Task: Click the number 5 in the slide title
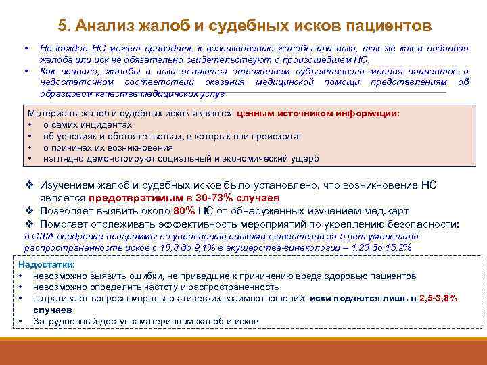[x=62, y=26]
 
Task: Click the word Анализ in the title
[x=103, y=26]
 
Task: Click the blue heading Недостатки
[x=47, y=265]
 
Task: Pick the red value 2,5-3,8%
[x=438, y=298]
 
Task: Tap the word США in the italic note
[x=40, y=237]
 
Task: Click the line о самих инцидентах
[x=87, y=125]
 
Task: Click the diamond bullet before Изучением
[x=28, y=185]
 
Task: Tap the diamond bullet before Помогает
[x=28, y=224]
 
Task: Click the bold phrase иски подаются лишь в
[x=363, y=298]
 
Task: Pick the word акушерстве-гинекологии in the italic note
[x=287, y=248]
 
